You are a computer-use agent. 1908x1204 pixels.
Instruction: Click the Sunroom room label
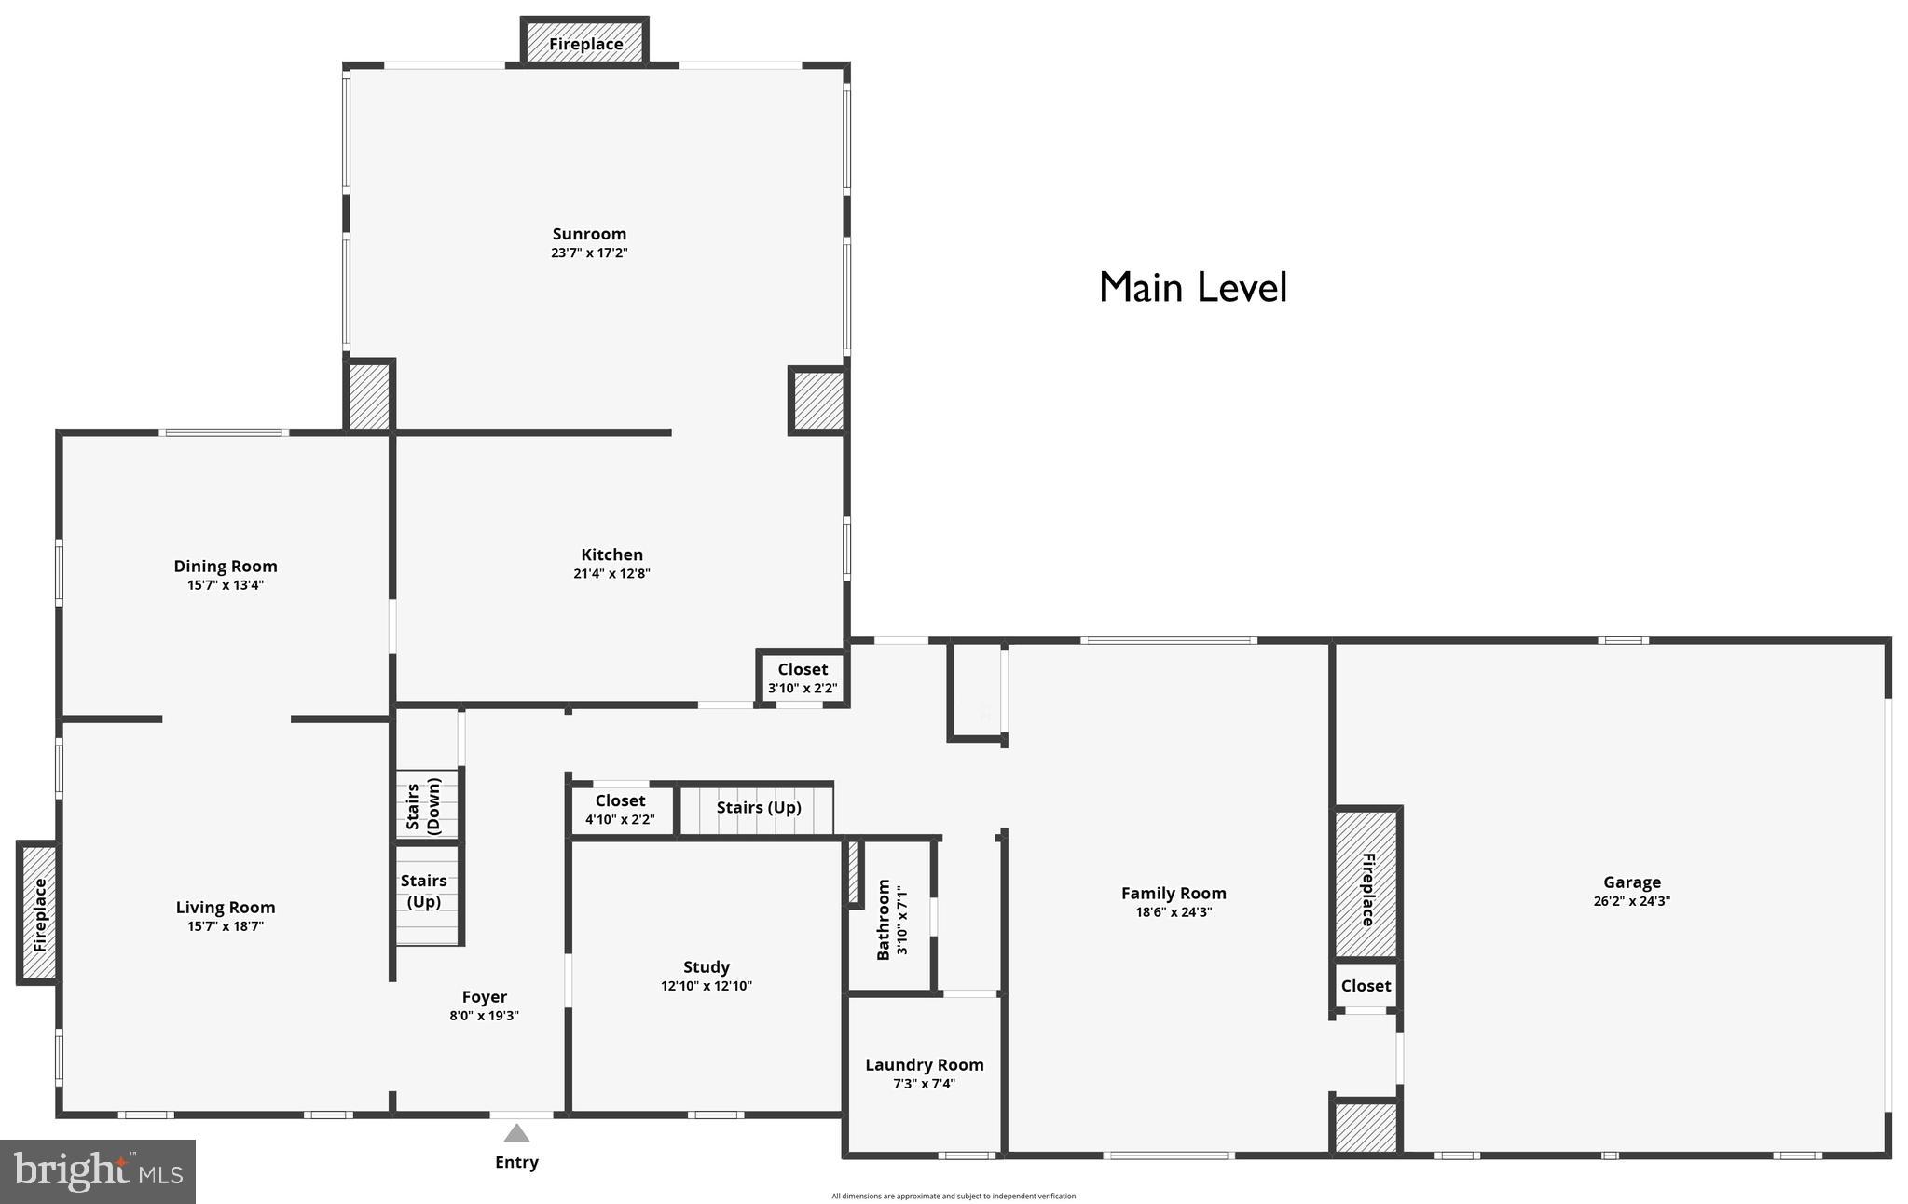click(589, 234)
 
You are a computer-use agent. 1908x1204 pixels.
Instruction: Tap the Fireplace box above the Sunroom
click(585, 44)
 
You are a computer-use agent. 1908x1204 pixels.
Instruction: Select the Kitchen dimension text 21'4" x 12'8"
click(611, 574)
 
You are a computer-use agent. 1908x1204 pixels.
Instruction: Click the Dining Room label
click(226, 566)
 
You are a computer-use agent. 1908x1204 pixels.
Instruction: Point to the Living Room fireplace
click(39, 914)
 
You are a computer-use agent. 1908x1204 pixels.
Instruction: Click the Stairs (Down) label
click(423, 805)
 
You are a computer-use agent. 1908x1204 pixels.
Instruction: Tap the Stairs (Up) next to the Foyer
click(424, 891)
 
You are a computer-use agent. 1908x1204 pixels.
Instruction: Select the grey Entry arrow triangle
click(516, 1133)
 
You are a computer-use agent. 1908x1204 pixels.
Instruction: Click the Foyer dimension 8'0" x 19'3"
click(484, 1016)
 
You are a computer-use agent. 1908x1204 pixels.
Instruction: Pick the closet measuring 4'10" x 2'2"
click(620, 810)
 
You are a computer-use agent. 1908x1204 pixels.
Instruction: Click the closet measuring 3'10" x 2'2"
click(803, 678)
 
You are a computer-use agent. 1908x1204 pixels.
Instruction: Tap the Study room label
click(707, 966)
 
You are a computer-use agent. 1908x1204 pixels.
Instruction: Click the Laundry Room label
click(924, 1064)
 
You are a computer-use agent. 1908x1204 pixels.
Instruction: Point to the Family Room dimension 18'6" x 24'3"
click(1173, 912)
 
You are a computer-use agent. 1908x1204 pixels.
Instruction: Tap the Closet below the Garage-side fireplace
click(1366, 986)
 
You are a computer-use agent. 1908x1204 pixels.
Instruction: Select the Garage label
click(1631, 882)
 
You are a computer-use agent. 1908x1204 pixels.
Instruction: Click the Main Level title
click(1192, 287)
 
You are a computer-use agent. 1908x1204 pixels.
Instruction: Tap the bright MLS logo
click(98, 1170)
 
